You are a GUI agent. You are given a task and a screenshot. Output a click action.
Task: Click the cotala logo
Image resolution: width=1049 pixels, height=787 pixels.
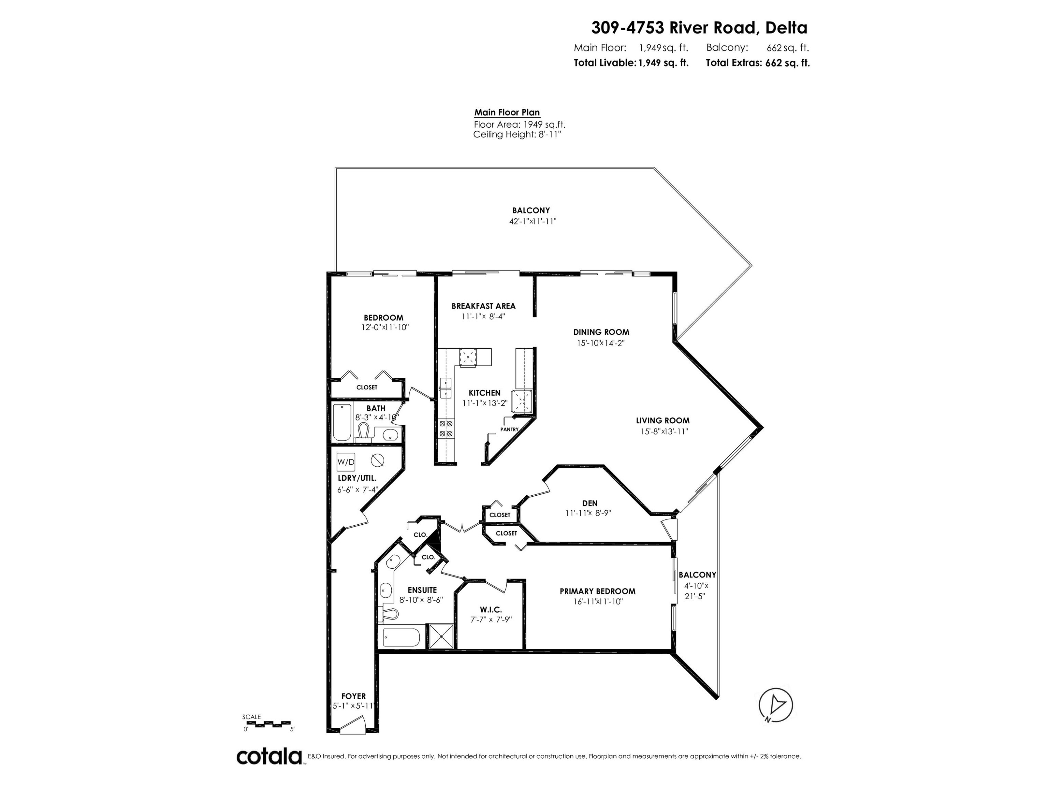[x=269, y=757]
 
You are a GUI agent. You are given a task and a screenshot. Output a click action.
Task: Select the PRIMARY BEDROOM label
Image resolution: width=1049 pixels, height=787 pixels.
[x=598, y=591]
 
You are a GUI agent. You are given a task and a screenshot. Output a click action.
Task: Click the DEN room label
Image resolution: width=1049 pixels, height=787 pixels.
[x=590, y=503]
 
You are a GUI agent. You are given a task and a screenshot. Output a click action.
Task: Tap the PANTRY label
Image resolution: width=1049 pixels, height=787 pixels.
[x=509, y=429]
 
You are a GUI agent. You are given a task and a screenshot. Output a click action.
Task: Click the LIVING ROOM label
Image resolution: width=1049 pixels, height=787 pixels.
[x=663, y=420]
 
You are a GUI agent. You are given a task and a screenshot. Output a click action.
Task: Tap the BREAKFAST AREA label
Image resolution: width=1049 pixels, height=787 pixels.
[x=483, y=306]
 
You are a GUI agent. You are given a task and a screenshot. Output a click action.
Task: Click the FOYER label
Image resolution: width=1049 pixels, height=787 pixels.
[x=354, y=696]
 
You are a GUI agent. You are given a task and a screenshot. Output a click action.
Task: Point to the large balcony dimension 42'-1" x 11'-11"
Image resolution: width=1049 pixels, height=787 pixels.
[x=533, y=221]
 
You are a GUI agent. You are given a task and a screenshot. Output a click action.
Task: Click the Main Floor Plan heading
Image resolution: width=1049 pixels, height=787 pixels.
[x=507, y=112]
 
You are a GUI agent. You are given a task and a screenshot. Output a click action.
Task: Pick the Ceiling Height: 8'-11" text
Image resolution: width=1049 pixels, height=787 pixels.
[x=517, y=134]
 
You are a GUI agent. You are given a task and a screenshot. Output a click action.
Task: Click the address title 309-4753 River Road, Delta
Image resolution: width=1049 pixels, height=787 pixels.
[x=699, y=28]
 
